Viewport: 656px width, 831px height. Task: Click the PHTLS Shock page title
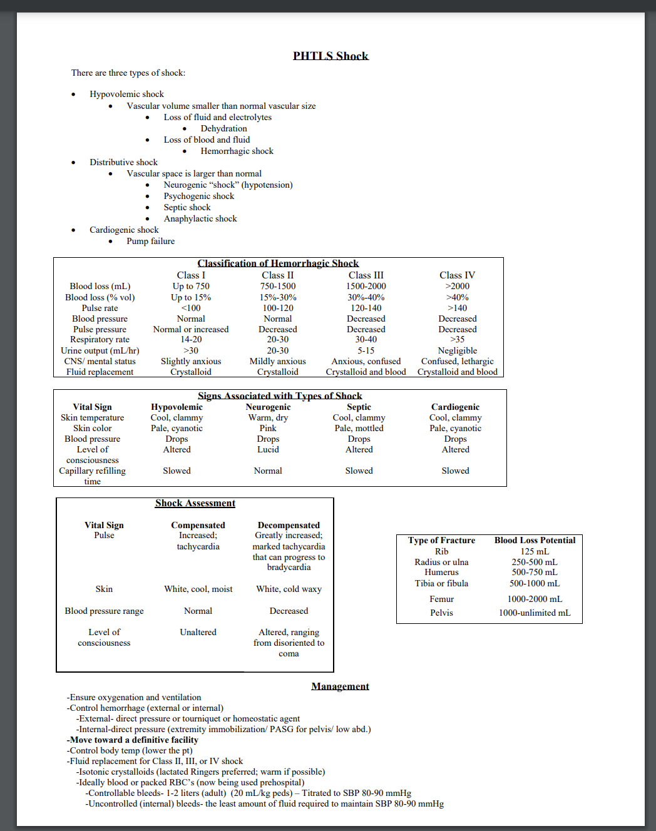[x=331, y=56]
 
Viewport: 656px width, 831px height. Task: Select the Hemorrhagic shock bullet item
[x=237, y=151]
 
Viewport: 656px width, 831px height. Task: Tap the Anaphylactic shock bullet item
[x=200, y=218]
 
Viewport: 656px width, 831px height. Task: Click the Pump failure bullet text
[x=150, y=241]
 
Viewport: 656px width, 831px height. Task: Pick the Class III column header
[x=366, y=275]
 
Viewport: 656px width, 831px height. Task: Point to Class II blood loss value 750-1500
[x=277, y=286]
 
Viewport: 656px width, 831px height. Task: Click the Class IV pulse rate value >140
[x=457, y=308]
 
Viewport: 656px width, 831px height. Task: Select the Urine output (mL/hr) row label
[x=100, y=350]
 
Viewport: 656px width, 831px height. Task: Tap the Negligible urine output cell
[x=457, y=350]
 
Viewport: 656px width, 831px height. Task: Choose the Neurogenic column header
[x=268, y=407]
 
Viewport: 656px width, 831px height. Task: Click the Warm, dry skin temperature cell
[x=268, y=417]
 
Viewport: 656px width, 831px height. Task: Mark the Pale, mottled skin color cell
[x=359, y=428]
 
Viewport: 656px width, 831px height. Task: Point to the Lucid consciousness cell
[x=268, y=449]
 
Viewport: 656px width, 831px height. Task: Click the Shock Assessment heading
[x=195, y=503]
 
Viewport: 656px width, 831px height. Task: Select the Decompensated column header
[x=289, y=525]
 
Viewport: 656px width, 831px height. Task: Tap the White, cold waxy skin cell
[x=289, y=589]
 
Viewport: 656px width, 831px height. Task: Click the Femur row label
[x=441, y=599]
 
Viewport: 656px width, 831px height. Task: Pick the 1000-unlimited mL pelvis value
[x=535, y=613]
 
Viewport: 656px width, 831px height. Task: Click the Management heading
[x=340, y=686]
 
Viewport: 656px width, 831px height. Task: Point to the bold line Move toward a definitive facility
[x=133, y=740]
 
